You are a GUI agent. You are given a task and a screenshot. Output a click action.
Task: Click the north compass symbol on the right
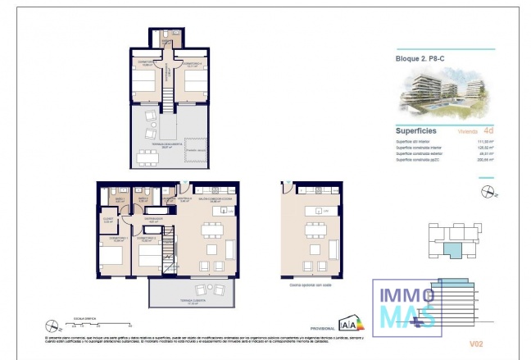[489, 193]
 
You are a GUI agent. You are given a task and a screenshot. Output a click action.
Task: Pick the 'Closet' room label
[108, 220]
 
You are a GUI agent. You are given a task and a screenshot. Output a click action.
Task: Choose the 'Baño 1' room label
[119, 198]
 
